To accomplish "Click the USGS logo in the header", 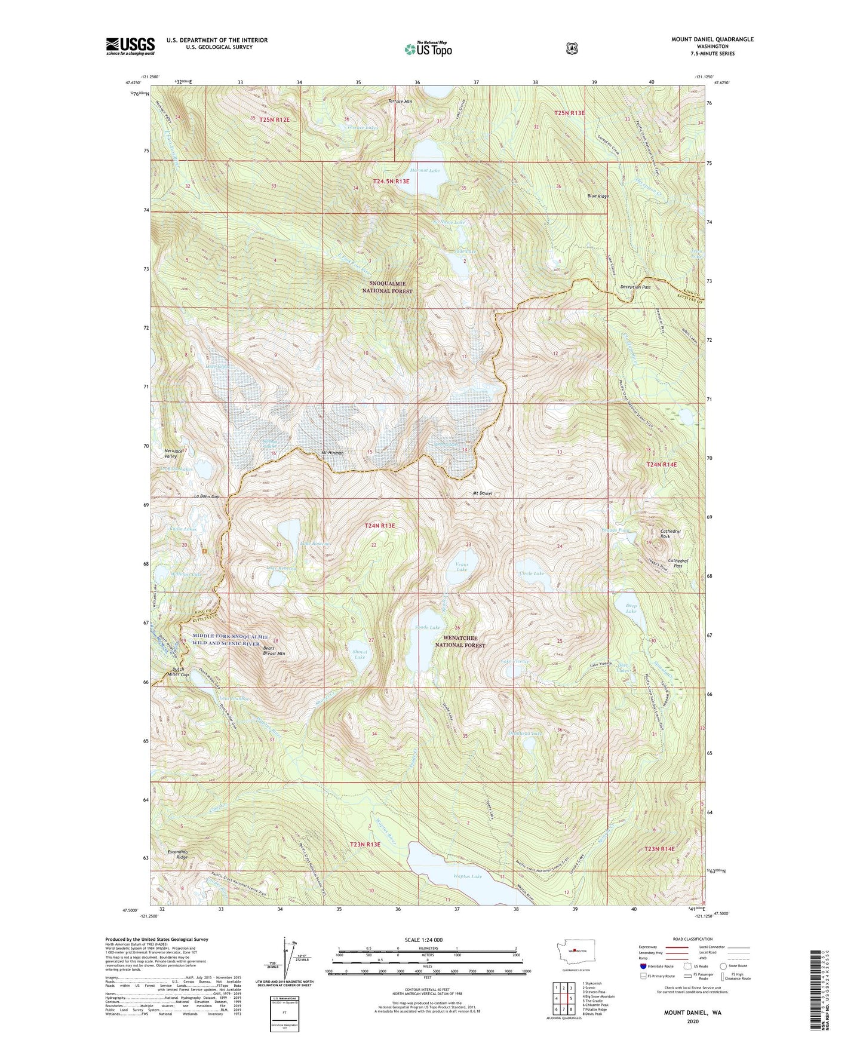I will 130,46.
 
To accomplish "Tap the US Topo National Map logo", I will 428,49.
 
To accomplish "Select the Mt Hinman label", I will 333,453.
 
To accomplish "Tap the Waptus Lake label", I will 468,876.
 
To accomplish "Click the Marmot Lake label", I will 425,171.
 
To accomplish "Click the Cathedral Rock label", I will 670,534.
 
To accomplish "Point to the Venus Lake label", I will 462,567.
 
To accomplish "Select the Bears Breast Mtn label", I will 274,651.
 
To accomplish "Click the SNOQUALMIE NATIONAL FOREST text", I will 387,287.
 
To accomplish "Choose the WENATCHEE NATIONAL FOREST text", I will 459,642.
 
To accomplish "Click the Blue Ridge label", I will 598,196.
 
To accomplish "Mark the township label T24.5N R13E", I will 391,181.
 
